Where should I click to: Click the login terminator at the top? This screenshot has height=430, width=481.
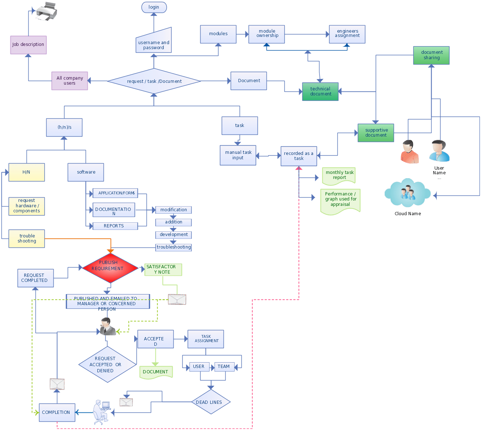pos(154,7)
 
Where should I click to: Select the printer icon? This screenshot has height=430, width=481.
pos(46,11)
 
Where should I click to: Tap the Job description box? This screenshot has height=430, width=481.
pos(28,45)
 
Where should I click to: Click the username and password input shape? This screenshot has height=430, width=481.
pos(154,42)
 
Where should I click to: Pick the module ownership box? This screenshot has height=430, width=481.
pos(267,34)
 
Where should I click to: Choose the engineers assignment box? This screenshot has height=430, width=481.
pos(347,34)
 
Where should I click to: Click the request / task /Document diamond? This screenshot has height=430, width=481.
pos(154,81)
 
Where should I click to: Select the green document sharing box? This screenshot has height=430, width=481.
pos(431,55)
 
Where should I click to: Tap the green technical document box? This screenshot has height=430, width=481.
pos(320,91)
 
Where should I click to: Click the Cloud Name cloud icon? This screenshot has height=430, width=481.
pos(408,194)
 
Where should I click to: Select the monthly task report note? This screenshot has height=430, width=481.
pos(339,175)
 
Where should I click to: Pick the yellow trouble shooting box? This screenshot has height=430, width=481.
pos(27,238)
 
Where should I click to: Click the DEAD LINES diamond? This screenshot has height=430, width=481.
pos(210,402)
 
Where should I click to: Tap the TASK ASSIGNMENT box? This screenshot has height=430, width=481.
pos(206,339)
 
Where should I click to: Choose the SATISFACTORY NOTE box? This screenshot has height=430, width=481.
pos(163,270)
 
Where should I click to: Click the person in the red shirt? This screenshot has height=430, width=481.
pos(409,152)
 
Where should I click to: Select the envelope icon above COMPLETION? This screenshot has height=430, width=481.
pos(57,384)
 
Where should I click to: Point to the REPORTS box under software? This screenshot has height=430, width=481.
pos(115,226)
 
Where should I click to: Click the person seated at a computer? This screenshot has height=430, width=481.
pos(101,412)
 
